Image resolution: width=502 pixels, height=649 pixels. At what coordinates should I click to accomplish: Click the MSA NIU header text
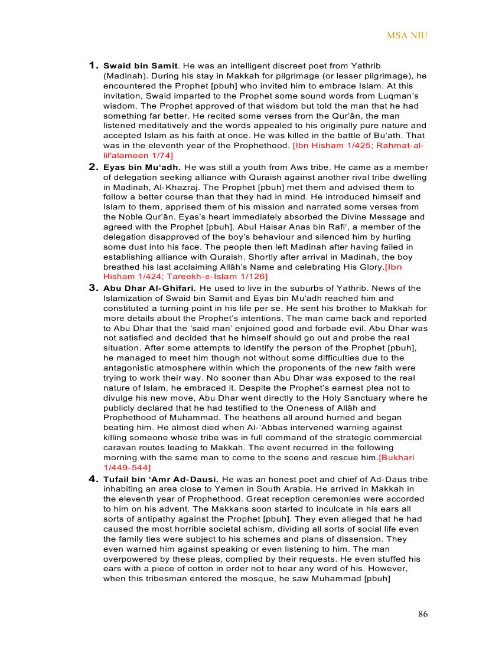pos(407,35)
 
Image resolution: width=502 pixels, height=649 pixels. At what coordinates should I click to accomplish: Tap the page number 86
pos(423,614)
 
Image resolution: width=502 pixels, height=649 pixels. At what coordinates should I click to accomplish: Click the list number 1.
pos(93,65)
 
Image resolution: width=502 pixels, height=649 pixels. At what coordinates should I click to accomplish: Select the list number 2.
pos(93,167)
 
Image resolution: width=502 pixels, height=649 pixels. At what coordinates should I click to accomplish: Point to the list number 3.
pos(93,288)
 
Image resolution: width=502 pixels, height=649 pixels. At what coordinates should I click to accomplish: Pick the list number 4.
pos(93,478)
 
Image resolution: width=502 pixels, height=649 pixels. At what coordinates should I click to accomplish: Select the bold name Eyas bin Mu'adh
pos(142,168)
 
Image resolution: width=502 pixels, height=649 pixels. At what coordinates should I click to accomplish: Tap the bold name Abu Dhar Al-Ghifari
pos(149,289)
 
